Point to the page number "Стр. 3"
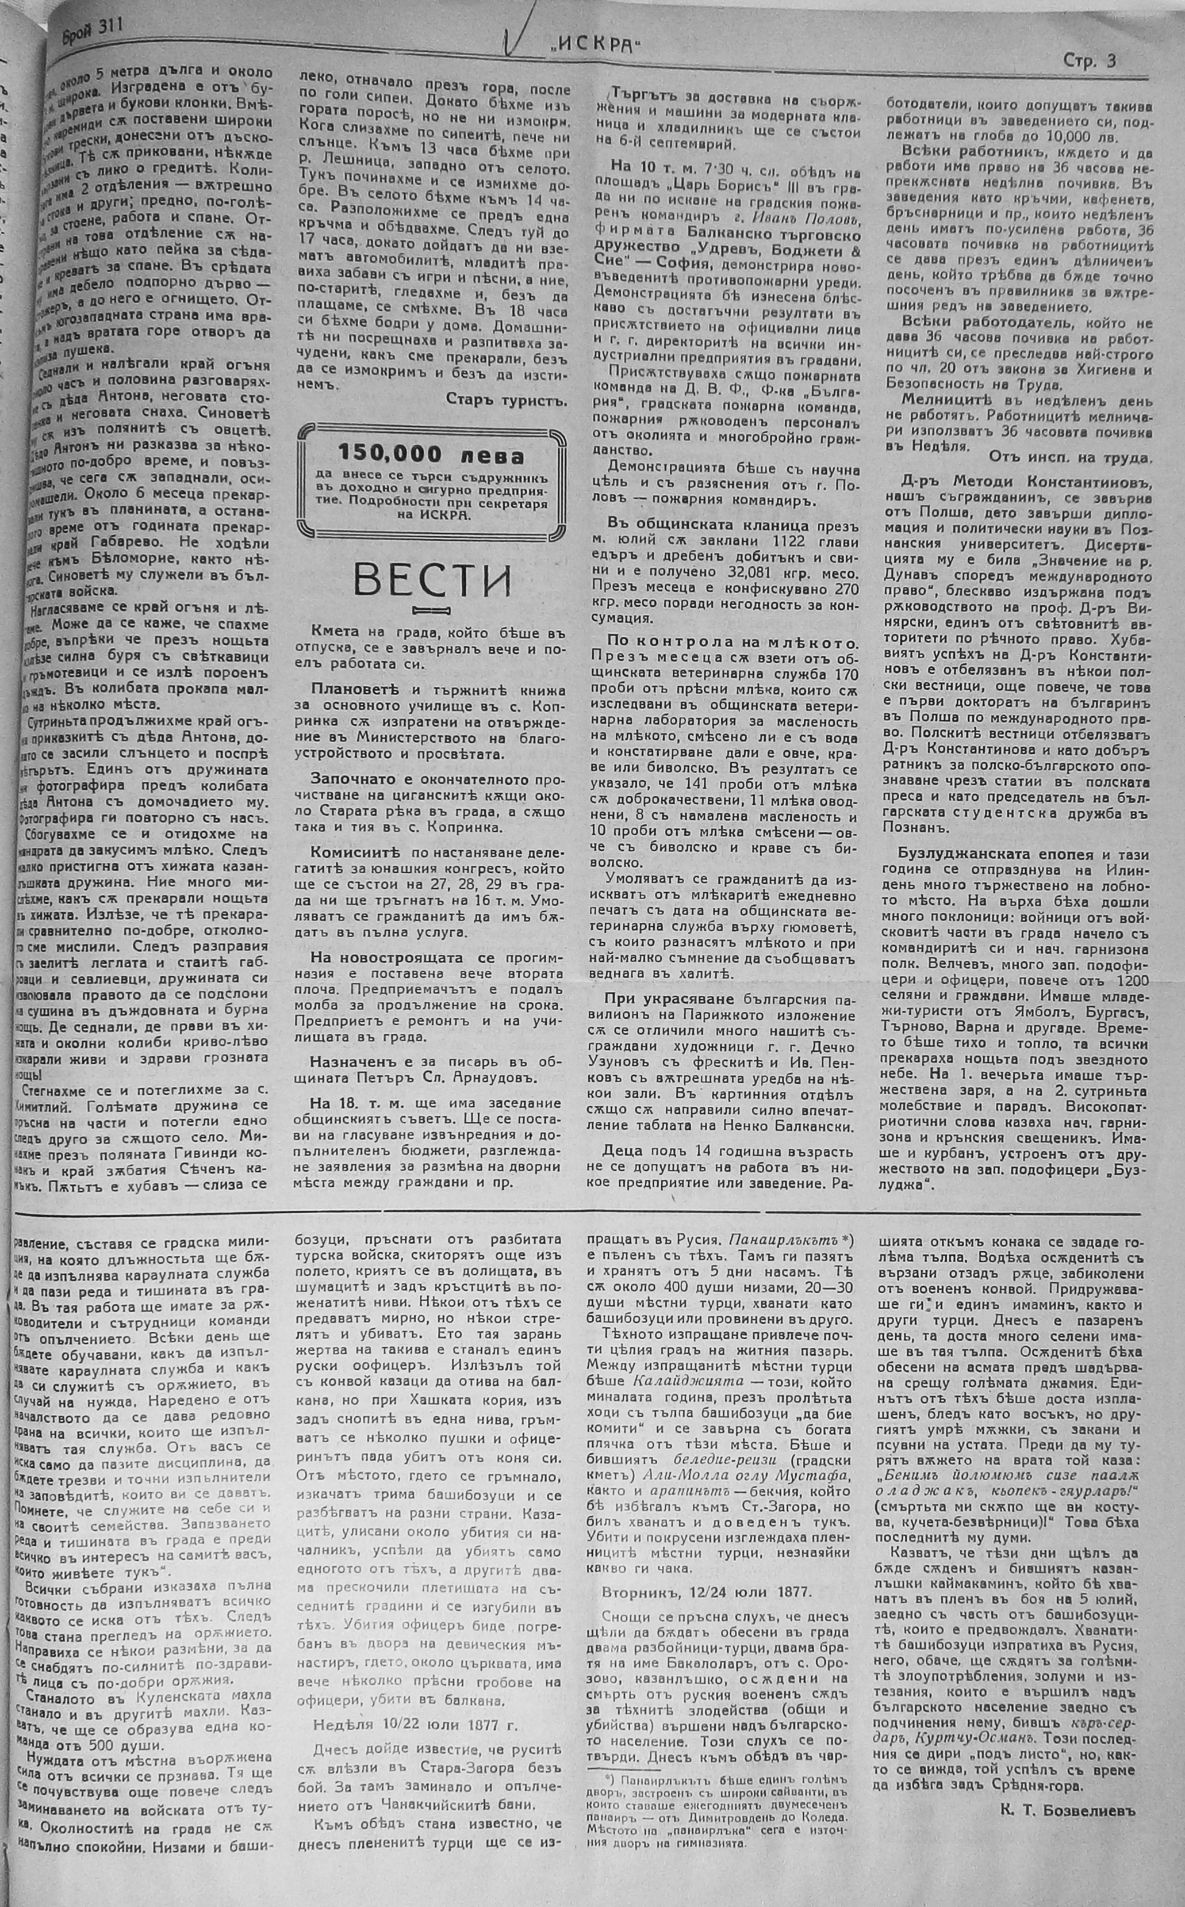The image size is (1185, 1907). tap(1090, 60)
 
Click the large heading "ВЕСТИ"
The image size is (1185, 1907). tap(432, 579)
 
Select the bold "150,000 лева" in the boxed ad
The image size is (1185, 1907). tap(431, 456)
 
